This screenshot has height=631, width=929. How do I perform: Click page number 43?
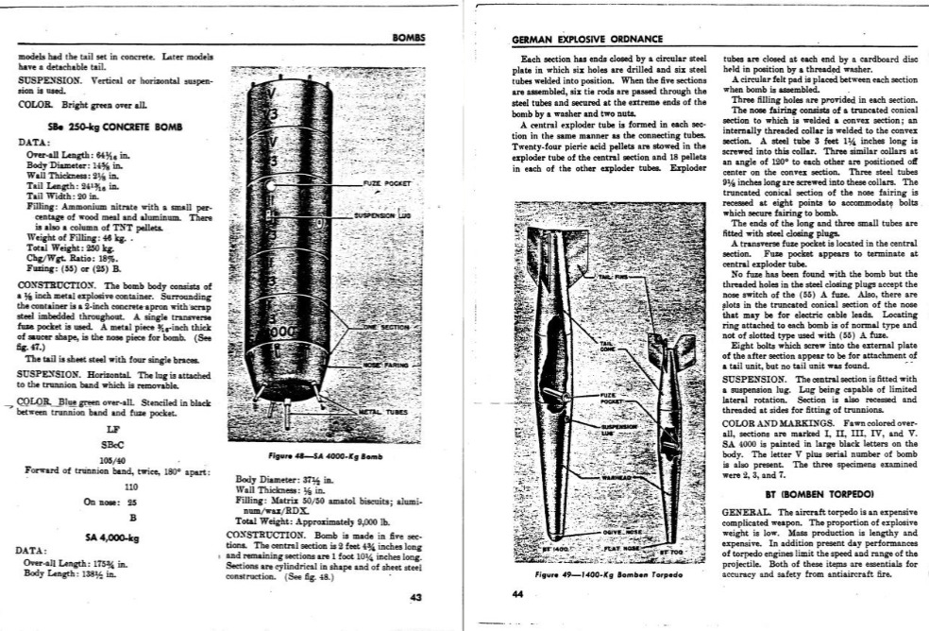[416, 596]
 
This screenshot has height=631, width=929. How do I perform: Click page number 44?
[516, 594]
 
